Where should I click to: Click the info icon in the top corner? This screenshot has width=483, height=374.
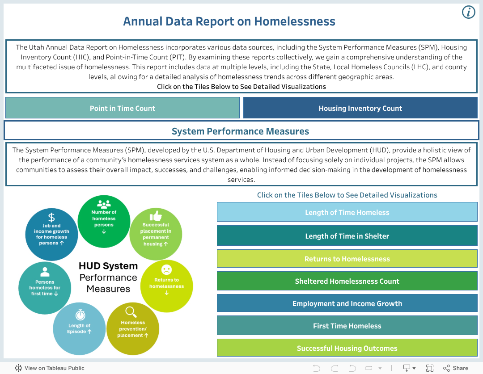click(x=468, y=12)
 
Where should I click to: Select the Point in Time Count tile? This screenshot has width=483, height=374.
click(x=123, y=108)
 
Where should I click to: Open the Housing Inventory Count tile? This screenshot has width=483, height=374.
click(x=360, y=108)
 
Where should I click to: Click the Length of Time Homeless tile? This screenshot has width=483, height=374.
click(x=347, y=212)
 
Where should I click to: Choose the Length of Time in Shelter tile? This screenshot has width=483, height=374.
click(x=347, y=236)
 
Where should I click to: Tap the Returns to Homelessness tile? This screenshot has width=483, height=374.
click(x=347, y=259)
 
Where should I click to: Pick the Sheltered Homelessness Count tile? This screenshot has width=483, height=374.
click(x=347, y=281)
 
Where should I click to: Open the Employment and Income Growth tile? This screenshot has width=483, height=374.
click(x=347, y=303)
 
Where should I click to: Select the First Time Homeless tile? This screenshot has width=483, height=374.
click(x=347, y=326)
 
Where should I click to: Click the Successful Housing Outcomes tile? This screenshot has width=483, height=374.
click(x=347, y=348)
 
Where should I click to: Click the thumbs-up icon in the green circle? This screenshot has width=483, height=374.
click(x=156, y=216)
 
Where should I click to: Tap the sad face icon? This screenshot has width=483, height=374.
click(x=166, y=270)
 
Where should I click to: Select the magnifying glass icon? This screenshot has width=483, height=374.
click(x=131, y=311)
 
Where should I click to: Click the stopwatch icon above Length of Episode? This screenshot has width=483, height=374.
click(x=80, y=315)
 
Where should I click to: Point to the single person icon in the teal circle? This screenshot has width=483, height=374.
click(x=45, y=272)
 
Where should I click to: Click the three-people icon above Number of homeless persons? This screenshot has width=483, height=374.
click(x=104, y=204)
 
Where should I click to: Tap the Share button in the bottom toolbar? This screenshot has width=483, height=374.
click(x=455, y=368)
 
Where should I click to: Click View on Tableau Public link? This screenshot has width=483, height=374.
click(x=50, y=368)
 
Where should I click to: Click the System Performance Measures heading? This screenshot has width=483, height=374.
click(x=241, y=131)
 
